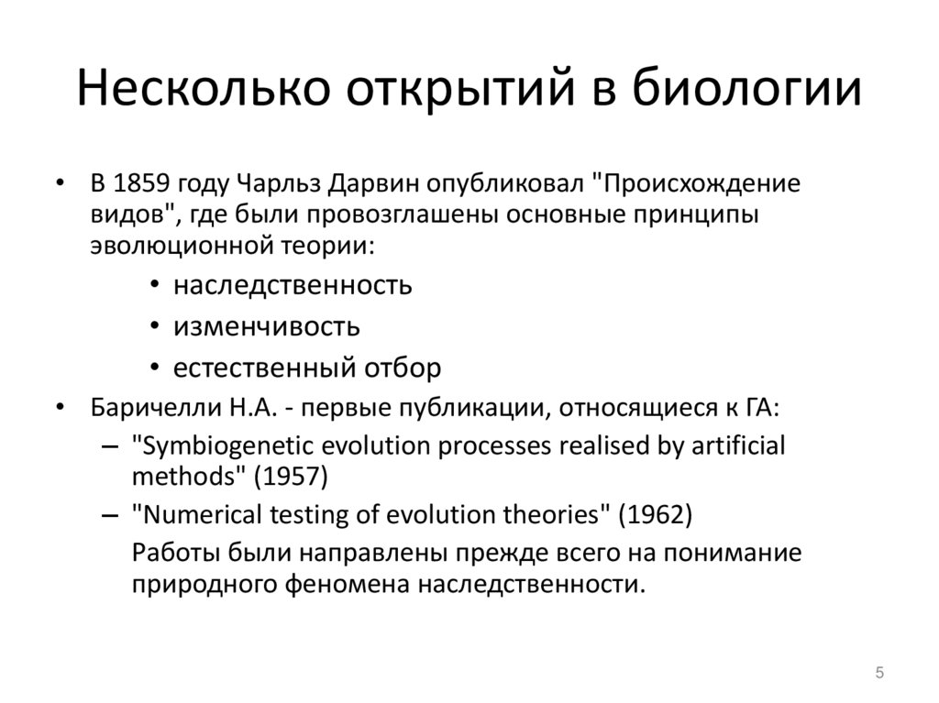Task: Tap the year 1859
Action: coord(140,182)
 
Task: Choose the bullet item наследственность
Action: coord(293,285)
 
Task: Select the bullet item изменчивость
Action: coord(267,326)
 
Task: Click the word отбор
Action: coord(403,368)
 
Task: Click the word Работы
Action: coord(171,554)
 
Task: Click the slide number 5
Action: coord(879,674)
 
